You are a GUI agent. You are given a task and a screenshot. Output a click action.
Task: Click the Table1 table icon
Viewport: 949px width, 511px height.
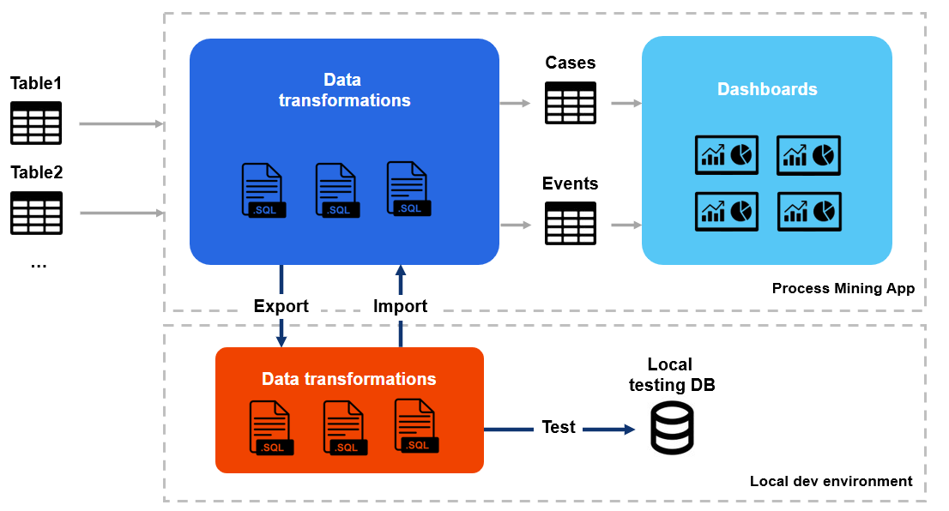36,123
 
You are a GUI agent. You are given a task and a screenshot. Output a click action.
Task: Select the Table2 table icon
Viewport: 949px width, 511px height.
36,213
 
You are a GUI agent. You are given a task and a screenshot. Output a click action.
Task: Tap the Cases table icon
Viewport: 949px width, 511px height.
571,103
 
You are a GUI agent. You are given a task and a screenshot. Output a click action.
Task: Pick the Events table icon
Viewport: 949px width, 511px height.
571,224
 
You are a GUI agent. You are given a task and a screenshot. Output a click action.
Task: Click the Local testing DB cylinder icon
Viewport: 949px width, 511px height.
672,427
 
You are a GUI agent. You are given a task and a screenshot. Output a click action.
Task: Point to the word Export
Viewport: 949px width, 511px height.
281,306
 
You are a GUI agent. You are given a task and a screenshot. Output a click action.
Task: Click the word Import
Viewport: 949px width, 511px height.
400,306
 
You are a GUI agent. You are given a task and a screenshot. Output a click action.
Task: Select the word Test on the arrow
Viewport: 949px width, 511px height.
559,427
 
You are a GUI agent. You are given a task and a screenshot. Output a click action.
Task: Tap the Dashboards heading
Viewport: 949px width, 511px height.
767,89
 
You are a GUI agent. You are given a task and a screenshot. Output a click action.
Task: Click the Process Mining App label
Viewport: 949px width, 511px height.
843,289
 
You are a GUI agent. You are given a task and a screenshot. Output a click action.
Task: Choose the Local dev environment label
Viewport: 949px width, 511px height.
831,481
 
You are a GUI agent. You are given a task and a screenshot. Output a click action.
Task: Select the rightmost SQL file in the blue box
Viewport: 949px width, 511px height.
408,189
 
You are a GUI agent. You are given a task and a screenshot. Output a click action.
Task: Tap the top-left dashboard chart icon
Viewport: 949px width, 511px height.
726,155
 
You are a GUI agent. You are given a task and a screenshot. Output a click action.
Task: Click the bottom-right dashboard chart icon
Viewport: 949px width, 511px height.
809,211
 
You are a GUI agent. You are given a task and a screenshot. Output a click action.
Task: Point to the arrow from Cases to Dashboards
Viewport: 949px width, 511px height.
626,103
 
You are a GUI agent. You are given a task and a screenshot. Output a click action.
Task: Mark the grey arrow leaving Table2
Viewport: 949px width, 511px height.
121,213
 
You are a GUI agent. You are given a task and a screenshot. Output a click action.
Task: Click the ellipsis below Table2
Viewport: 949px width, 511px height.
38,265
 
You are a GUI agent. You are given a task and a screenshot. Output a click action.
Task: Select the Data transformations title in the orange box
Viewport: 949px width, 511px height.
349,379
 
